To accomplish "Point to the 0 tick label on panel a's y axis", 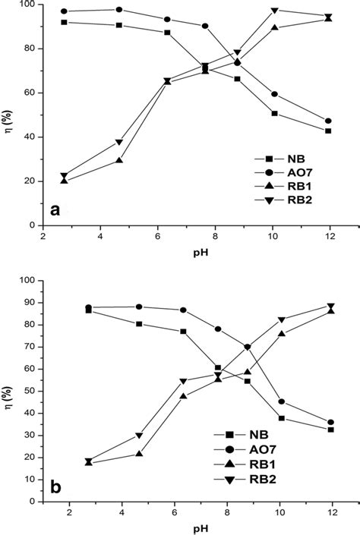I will [x=33, y=225].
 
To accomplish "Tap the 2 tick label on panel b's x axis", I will [x=68, y=513].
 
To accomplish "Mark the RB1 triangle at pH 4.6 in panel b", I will [x=118, y=454].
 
